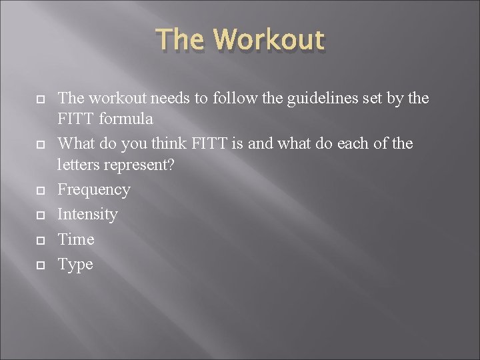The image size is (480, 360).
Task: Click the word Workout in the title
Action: [x=271, y=40]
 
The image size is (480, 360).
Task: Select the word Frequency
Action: [x=94, y=190]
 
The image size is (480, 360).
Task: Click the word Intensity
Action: [x=87, y=215]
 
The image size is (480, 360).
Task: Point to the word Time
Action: [x=76, y=239]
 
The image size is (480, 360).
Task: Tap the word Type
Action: [x=75, y=265]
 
